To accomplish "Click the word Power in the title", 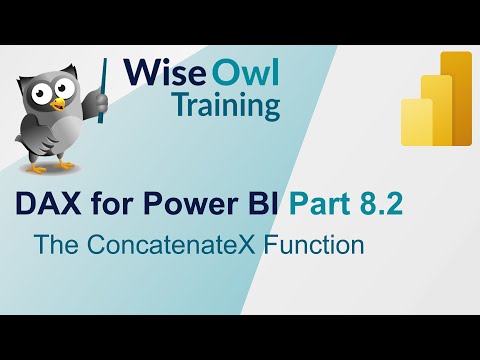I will (x=174, y=205).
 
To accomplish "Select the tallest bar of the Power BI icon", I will (x=455, y=96).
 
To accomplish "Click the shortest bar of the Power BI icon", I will (x=416, y=122).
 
